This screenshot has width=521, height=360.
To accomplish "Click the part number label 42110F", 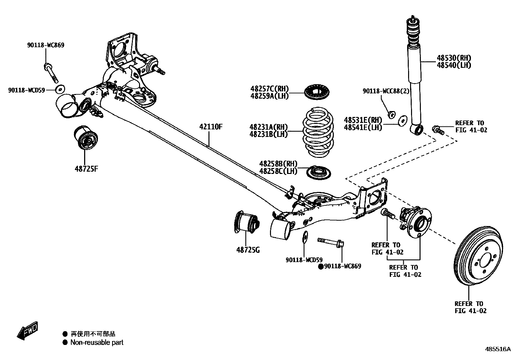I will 211,127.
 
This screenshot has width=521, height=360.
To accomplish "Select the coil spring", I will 317,133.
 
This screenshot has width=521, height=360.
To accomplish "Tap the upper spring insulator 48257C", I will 317,92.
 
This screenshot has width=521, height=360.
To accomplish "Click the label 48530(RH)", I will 454,58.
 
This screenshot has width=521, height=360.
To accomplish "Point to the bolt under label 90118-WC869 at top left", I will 51,72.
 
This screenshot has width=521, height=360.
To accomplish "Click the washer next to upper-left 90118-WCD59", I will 60,89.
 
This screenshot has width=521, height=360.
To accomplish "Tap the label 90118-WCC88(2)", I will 386,91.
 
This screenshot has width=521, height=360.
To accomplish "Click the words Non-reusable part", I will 97,343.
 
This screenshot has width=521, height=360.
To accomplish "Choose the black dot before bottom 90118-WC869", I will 321,266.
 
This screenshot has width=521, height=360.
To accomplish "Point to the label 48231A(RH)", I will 268,127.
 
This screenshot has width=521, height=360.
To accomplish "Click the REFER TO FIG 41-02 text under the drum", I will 471,307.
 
